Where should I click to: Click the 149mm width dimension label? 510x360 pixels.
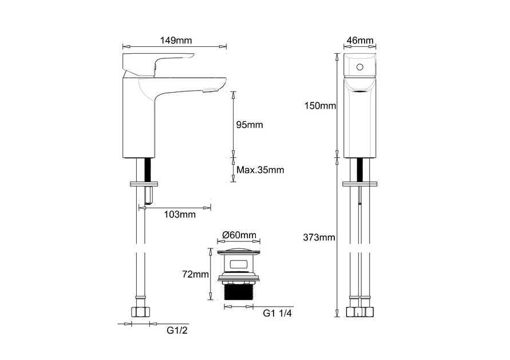[x=176, y=40]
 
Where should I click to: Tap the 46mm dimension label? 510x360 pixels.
[x=360, y=40]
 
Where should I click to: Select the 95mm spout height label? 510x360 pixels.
[x=250, y=125]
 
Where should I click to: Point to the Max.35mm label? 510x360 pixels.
[x=260, y=170]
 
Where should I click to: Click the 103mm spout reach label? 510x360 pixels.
[x=180, y=214]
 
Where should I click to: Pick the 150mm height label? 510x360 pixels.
[x=320, y=106]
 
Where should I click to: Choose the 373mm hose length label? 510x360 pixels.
[x=319, y=238]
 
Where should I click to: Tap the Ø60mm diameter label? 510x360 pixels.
[x=239, y=235]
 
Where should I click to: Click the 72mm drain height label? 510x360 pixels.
[x=196, y=275]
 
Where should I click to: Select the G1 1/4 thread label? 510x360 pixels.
[x=277, y=313]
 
